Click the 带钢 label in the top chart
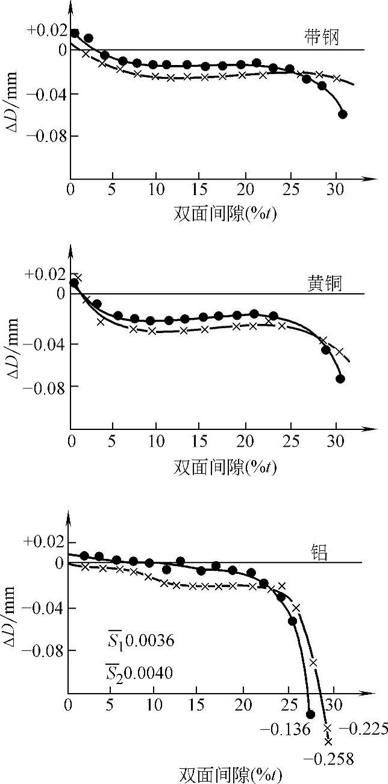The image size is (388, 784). [321, 38]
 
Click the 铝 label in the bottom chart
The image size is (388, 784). [319, 553]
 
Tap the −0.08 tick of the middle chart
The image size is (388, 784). [44, 385]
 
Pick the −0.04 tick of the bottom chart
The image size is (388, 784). [44, 608]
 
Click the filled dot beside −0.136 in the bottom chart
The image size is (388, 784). [310, 714]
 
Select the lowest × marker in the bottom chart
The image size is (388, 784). [328, 741]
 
